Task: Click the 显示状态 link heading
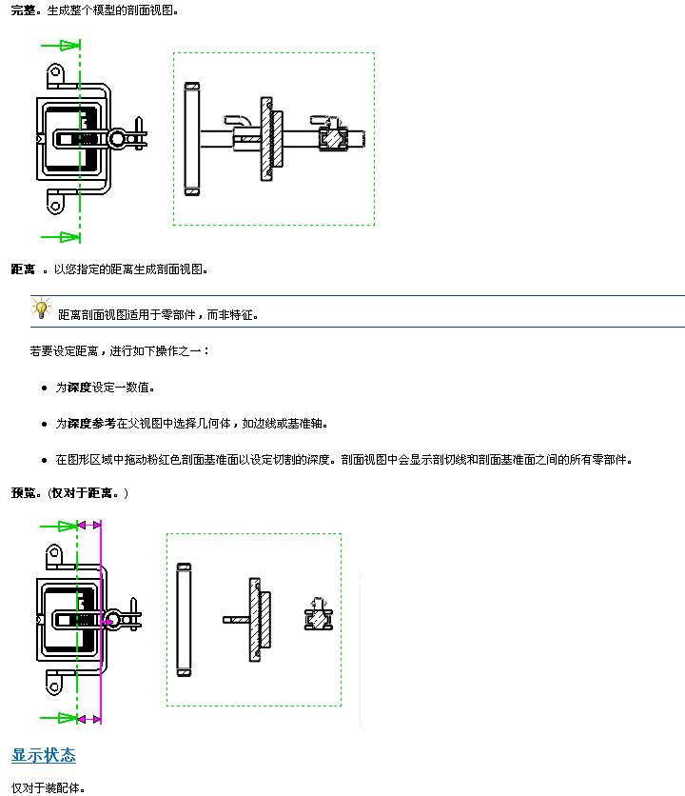click(43, 755)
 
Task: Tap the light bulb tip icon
click(41, 309)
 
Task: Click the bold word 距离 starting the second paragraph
click(24, 269)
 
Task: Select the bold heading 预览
click(26, 492)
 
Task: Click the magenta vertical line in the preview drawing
click(101, 619)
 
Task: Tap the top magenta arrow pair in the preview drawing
click(88, 525)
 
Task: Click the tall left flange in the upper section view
click(192, 139)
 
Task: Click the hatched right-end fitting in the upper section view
click(334, 139)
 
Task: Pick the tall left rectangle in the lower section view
click(185, 619)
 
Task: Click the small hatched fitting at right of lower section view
click(316, 619)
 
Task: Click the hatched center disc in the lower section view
click(257, 619)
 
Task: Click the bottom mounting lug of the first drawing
click(55, 203)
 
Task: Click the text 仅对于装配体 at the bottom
click(48, 787)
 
